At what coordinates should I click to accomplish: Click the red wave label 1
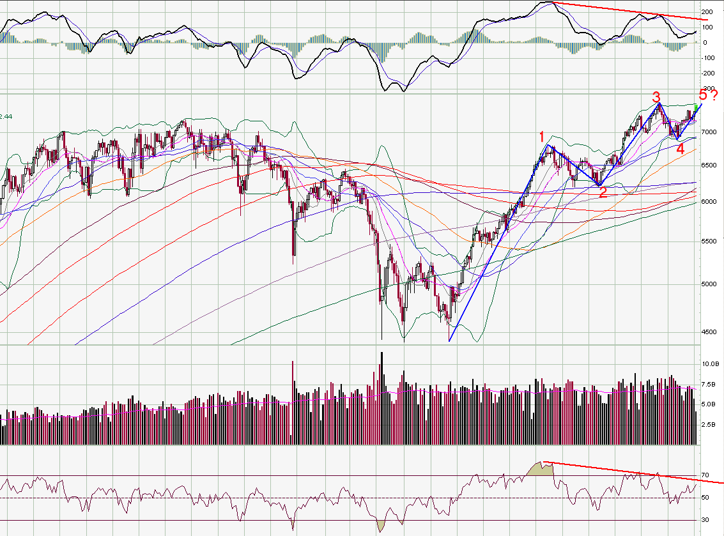point(541,136)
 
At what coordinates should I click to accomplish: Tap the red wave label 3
point(656,96)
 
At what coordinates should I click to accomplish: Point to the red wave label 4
point(680,149)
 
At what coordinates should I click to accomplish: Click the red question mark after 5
point(714,96)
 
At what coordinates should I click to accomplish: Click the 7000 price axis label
point(709,132)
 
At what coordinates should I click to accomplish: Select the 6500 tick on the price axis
point(709,165)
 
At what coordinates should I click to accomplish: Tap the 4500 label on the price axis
point(709,332)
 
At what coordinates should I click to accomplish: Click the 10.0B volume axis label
point(711,364)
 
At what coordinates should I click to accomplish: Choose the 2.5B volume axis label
point(709,424)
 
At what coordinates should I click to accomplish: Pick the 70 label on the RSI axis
point(705,475)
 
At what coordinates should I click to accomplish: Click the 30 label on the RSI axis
point(705,519)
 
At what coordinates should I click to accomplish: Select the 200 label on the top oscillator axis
point(707,12)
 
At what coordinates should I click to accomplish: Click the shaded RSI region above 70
point(540,469)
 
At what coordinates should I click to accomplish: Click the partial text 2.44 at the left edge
point(6,116)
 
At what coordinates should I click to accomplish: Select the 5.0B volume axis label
point(709,404)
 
